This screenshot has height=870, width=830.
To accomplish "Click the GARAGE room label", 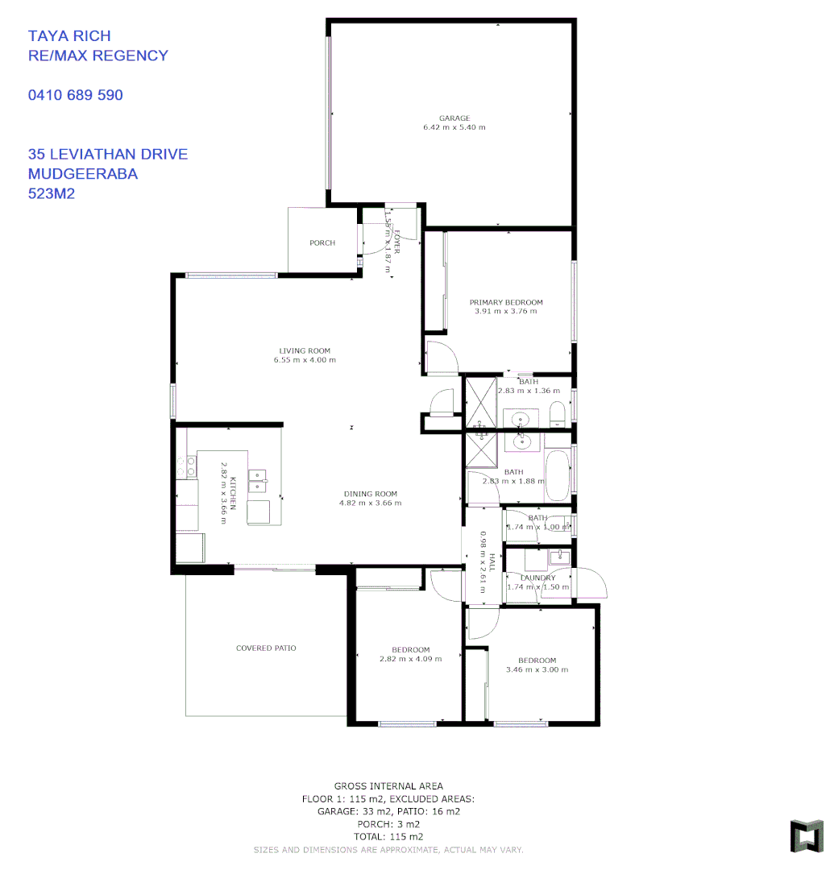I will point(454,118).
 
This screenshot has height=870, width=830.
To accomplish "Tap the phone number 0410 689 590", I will point(76,95).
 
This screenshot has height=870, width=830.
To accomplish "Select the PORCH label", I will point(322,243).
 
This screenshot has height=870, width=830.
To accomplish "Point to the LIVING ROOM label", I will point(305,351).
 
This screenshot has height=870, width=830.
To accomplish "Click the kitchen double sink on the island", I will point(258,480).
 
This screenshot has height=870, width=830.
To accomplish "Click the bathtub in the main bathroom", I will point(557,476).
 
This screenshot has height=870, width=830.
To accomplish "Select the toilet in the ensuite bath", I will point(558,415).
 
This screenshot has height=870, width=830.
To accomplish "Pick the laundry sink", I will point(558,556).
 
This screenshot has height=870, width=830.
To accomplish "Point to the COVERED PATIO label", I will point(266,648).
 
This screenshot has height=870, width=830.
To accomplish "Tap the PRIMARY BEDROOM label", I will point(506,303).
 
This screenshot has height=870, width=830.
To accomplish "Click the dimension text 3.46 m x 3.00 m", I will point(537,669).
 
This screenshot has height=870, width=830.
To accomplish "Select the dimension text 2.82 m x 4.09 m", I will point(411,659).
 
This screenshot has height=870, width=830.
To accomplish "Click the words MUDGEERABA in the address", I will point(83,174).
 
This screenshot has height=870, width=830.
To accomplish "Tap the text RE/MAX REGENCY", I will point(98,56).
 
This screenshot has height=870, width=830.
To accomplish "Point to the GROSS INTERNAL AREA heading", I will point(388,786).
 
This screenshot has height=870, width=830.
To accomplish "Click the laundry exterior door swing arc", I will point(586,582).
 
